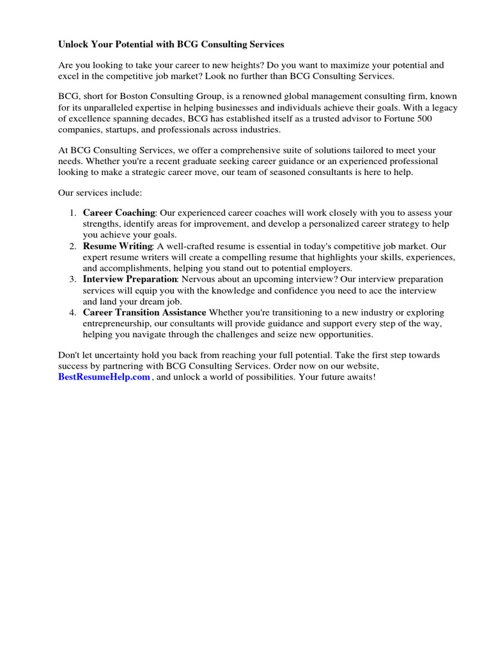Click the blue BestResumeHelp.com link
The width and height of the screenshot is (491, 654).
coord(104,377)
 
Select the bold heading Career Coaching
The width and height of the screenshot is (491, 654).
coord(119,212)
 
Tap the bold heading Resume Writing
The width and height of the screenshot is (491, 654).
coord(118,246)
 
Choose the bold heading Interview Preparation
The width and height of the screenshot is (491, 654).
coord(130,279)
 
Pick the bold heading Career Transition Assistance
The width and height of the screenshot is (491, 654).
coord(144,312)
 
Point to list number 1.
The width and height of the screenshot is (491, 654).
coord(73,212)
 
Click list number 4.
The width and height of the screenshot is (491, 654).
coord(73,312)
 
